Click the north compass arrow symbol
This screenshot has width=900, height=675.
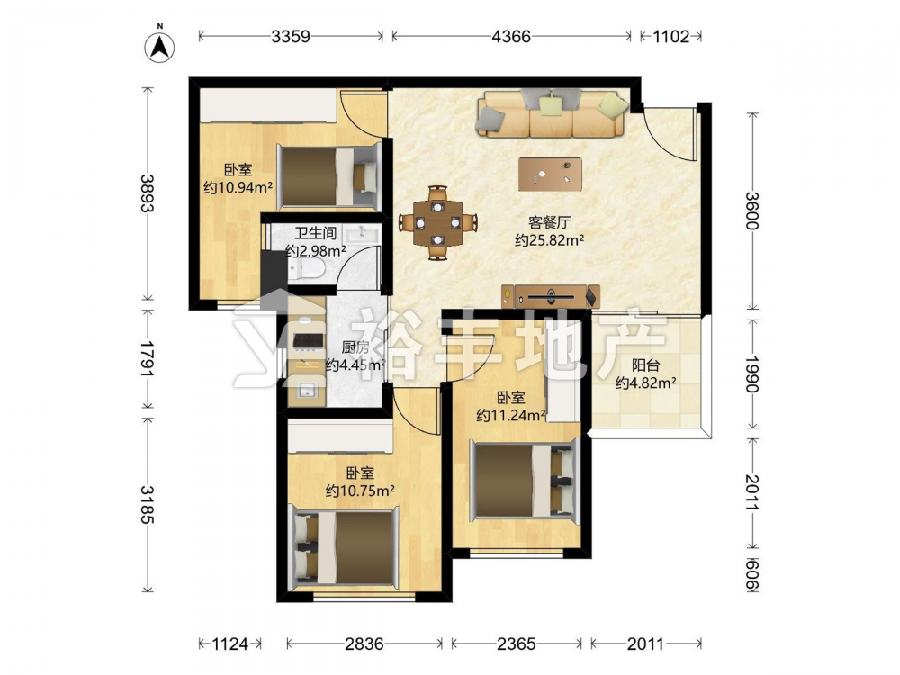[160, 46]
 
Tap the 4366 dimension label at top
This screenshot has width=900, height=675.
[511, 36]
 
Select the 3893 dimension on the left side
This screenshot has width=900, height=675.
[148, 193]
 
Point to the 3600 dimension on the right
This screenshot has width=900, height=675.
[752, 211]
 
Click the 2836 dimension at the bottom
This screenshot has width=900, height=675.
[364, 644]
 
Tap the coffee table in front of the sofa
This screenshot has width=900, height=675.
[550, 174]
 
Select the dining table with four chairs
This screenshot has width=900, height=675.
[438, 222]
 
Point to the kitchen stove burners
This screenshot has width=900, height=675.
[306, 340]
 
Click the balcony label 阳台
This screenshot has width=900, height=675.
[645, 365]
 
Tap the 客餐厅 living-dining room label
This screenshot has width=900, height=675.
[549, 222]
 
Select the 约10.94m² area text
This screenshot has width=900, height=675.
[238, 187]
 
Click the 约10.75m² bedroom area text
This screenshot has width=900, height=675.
[360, 490]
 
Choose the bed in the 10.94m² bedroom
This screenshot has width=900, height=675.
[328, 176]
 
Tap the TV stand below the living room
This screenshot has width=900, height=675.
[551, 297]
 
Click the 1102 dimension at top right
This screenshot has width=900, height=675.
[671, 36]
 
